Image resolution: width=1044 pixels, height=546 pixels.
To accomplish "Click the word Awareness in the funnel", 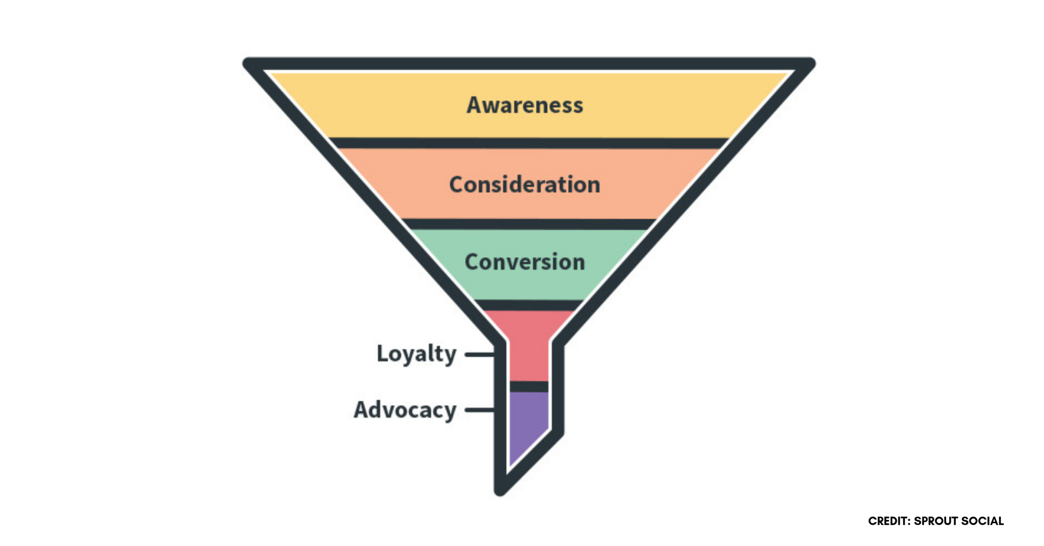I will click(524, 105).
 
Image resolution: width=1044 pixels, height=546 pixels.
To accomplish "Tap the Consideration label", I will click(524, 185).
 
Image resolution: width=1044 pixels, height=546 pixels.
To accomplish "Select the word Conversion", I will click(524, 262).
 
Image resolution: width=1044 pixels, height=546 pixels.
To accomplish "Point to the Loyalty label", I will click(416, 354).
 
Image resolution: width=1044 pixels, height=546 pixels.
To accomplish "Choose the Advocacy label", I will click(405, 410).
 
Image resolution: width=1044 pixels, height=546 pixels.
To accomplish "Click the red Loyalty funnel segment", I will click(529, 346).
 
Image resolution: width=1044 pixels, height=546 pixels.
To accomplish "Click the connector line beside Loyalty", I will click(480, 354).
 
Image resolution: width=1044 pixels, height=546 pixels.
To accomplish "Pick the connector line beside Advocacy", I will click(480, 409).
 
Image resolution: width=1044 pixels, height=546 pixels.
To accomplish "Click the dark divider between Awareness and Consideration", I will click(528, 143).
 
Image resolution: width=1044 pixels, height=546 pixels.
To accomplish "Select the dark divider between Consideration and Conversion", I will click(528, 224).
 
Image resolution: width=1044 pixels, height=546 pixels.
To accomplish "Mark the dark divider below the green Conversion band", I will click(528, 305).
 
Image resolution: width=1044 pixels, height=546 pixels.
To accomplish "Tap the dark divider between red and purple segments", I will click(529, 386).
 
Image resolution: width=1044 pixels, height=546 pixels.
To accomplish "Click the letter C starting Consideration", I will click(457, 185).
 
